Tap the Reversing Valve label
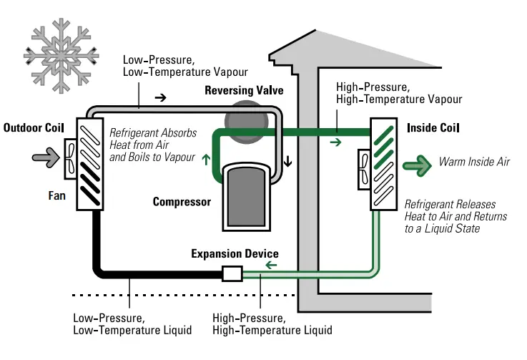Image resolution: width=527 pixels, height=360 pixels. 244,91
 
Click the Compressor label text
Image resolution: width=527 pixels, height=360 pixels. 182,202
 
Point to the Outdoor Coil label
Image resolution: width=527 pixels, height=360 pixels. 34,128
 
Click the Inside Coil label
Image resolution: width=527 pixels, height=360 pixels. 433,128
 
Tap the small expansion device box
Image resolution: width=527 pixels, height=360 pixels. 233,273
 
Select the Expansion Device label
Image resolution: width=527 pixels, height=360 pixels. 235,254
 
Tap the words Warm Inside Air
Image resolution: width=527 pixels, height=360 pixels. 474,162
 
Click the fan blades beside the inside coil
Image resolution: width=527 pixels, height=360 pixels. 363,170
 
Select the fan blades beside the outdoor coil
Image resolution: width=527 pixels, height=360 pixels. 72,158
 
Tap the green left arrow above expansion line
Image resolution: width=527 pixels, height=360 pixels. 270,266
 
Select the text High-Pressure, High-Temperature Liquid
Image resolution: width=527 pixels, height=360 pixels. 272,323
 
